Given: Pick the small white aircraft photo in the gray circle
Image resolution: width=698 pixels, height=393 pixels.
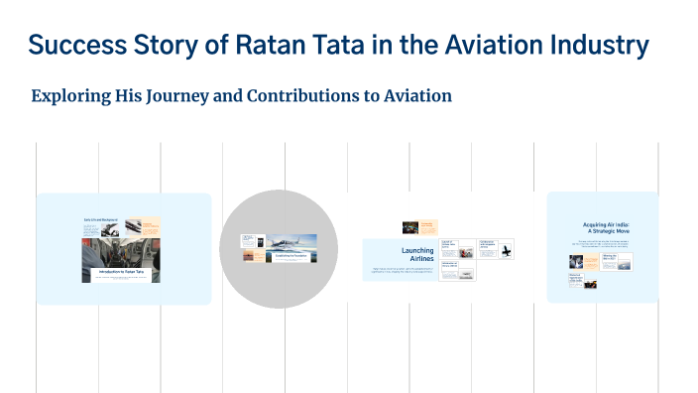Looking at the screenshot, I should pyautogui.click(x=291, y=242).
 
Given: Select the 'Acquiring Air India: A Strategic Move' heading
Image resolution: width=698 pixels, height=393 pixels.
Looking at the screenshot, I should pyautogui.click(x=603, y=229).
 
